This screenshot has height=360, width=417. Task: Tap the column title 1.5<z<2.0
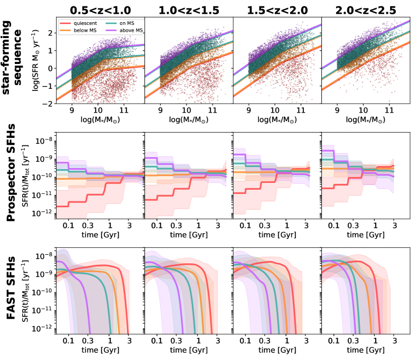coord(276,9)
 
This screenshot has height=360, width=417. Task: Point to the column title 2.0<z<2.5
coord(365,9)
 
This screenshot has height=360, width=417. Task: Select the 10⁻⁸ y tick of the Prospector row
coord(43,141)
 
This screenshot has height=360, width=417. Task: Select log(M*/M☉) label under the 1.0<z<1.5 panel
coord(188,121)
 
